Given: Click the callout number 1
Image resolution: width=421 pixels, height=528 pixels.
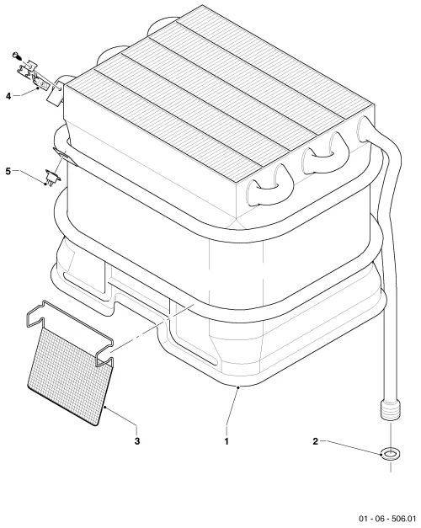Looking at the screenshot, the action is (226, 440).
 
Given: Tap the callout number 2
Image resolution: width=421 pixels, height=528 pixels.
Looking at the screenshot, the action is (315, 440).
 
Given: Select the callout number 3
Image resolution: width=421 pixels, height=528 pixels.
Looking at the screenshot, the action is (137, 440).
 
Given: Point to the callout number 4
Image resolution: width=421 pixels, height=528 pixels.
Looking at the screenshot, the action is (8, 96).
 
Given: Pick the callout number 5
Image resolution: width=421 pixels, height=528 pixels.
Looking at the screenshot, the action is (8, 171).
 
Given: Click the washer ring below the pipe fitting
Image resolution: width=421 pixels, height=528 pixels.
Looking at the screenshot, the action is (391, 454).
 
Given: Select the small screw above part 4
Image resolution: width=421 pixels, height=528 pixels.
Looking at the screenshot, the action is (16, 55).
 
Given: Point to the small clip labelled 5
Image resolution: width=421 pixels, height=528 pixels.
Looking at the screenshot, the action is (51, 177).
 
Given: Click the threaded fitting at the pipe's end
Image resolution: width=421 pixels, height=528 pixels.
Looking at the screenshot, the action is (391, 409).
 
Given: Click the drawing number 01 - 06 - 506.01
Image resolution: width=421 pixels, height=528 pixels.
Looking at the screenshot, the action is (387, 518).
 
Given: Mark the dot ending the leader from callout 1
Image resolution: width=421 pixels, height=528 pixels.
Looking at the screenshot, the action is (238, 387).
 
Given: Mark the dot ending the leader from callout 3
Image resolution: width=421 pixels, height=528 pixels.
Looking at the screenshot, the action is (104, 407).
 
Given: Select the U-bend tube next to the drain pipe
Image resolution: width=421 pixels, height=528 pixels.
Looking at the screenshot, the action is (325, 153).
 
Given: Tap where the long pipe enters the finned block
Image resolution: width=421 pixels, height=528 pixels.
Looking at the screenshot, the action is (365, 129).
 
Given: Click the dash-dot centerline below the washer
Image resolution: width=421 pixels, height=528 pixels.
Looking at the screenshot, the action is (391, 466).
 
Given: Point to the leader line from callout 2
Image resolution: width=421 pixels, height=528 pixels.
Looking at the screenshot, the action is (351, 447).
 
